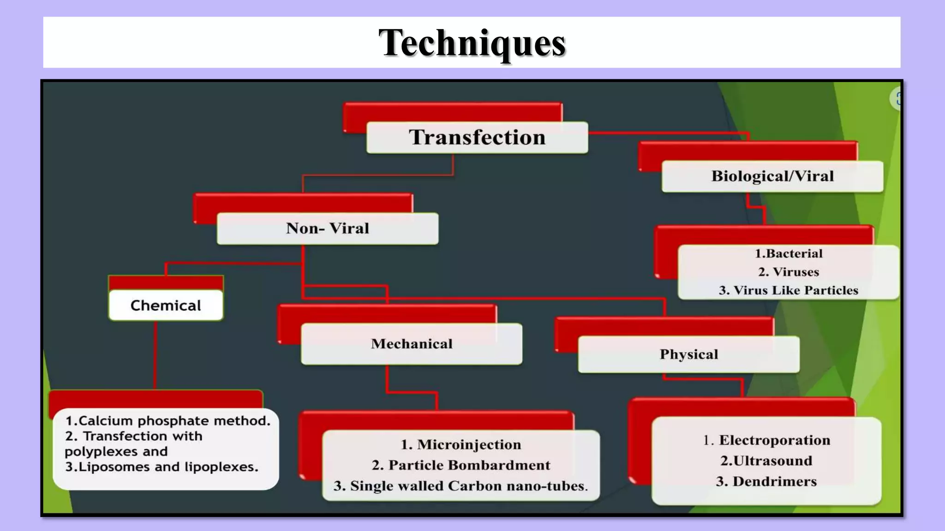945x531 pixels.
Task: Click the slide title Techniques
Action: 472,43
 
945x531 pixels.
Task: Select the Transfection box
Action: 477,137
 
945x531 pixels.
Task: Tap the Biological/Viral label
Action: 772,176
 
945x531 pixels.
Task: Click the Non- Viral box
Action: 328,228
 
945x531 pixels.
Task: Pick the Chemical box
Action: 166,305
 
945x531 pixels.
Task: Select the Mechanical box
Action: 412,344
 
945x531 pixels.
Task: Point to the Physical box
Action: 688,354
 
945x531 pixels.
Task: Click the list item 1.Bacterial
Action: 788,254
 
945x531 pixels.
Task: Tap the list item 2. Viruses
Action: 788,272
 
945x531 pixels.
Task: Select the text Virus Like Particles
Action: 795,290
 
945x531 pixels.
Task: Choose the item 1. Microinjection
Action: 461,444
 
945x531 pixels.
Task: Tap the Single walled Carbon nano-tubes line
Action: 461,486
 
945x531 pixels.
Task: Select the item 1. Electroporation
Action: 766,440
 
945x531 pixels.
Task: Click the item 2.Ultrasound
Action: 766,460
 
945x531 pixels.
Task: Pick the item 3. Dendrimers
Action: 766,481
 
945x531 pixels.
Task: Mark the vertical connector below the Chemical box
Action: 155,355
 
